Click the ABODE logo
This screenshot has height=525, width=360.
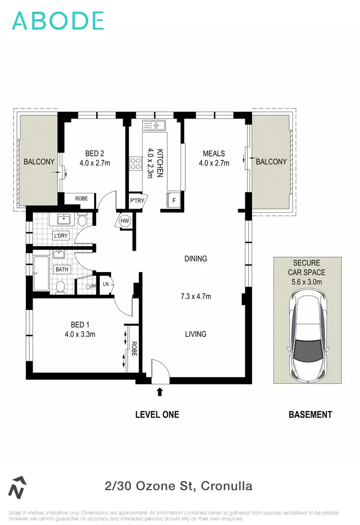[58, 21]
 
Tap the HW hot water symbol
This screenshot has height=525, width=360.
[125, 221]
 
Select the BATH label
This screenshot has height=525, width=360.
[62, 269]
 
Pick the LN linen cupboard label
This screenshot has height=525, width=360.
[106, 285]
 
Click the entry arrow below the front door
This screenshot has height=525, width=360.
[160, 392]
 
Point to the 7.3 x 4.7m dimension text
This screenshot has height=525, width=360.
[195, 296]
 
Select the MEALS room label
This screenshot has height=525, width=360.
[214, 154]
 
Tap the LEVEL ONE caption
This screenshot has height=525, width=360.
[157, 415]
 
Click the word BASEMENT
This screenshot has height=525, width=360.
[310, 415]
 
